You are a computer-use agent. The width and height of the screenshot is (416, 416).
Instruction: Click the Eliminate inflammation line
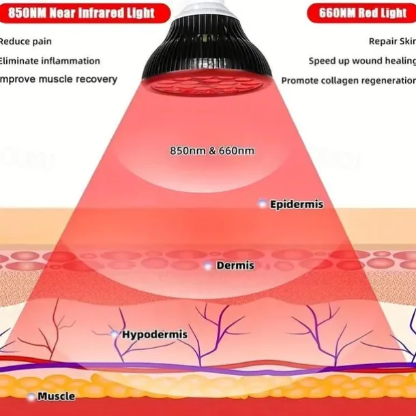[49, 61]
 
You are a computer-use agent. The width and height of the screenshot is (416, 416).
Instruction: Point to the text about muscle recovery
[58, 79]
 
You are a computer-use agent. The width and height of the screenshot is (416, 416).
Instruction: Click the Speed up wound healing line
[361, 61]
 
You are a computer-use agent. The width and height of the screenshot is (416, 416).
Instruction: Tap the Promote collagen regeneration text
[348, 80]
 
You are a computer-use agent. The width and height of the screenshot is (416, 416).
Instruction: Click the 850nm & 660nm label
[212, 150]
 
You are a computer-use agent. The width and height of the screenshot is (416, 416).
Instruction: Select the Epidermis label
[296, 204]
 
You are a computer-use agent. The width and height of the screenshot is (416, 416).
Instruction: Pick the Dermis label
[235, 265]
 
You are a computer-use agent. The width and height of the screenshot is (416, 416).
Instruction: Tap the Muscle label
[56, 396]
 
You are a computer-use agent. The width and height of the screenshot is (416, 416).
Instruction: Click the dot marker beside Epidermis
[261, 203]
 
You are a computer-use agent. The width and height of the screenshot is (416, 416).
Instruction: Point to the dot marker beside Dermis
[207, 265]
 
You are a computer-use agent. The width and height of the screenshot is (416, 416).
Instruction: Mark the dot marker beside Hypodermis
[114, 333]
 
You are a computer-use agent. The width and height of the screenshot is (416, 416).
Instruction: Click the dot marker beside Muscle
[31, 396]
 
